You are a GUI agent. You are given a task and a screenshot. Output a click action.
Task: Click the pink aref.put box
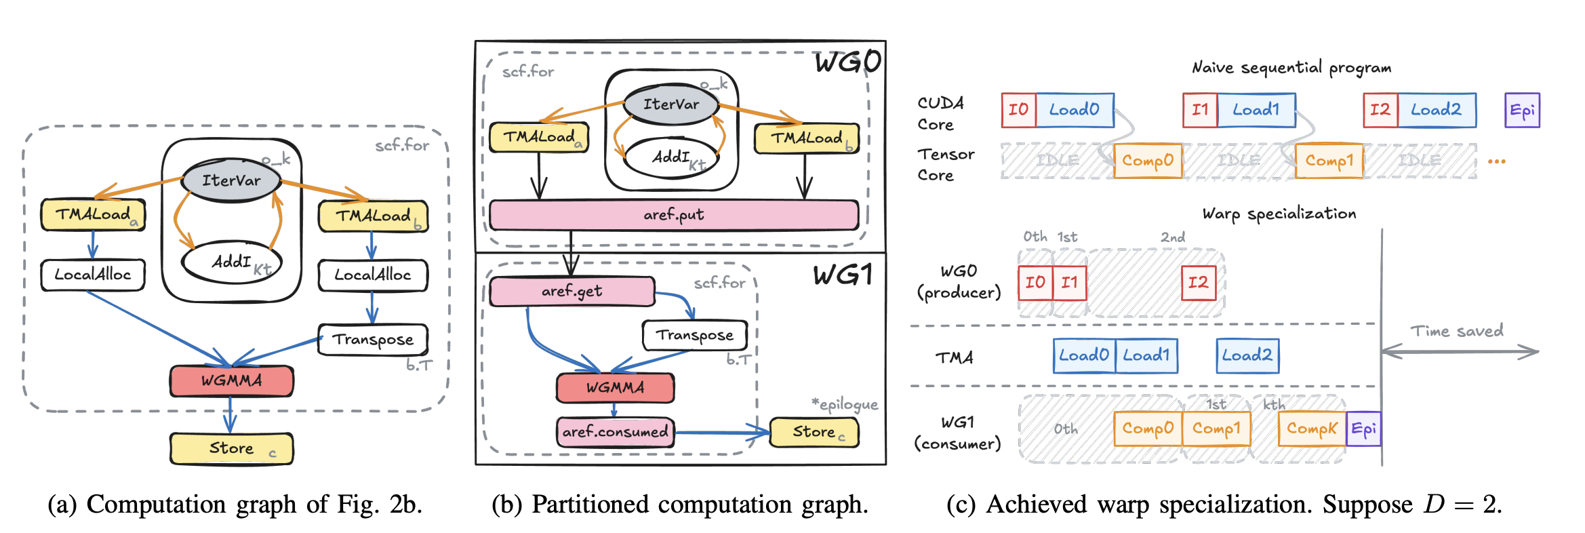tap(673, 215)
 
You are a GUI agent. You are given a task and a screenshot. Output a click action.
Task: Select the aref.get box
tap(571, 291)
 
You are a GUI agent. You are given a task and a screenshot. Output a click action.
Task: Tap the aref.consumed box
tap(615, 432)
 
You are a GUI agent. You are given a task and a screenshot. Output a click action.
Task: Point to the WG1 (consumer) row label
tap(957, 433)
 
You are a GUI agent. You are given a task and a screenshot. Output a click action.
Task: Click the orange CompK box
tap(1312, 429)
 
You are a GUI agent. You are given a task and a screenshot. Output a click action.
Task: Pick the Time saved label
tap(1457, 331)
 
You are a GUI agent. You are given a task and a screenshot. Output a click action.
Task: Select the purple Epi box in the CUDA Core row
tap(1522, 110)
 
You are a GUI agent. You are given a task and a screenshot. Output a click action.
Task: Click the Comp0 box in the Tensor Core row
tap(1147, 161)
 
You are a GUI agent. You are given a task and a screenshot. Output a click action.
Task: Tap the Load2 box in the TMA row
tap(1247, 355)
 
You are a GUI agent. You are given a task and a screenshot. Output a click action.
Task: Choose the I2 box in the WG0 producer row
tap(1198, 282)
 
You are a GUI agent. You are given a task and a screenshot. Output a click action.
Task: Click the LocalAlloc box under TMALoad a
tap(93, 275)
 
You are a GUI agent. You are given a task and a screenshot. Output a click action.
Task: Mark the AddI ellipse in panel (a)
tap(231, 262)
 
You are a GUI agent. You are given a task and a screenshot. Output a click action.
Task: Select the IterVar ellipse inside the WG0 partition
tap(670, 104)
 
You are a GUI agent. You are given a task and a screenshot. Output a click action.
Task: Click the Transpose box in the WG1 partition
tap(694, 335)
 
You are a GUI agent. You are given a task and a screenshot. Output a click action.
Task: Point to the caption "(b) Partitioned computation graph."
tap(679, 505)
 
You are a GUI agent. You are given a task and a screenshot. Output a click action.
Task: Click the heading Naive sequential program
tap(1291, 68)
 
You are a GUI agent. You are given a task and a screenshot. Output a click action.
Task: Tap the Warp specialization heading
tap(1279, 214)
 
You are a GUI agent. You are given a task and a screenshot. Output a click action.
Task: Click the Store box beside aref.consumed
tap(814, 432)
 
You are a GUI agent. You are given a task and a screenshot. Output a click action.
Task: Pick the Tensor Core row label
tap(945, 165)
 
